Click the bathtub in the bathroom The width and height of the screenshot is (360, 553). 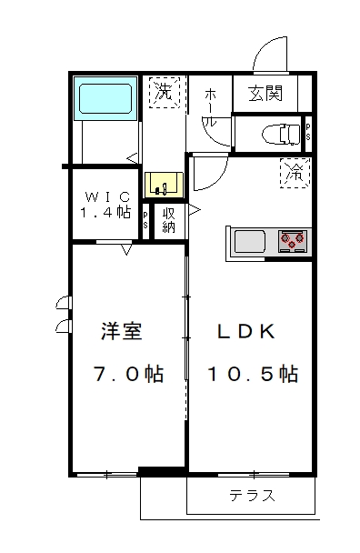(x=105, y=98)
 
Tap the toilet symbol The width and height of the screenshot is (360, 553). (x=281, y=134)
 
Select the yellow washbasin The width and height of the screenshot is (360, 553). (x=165, y=185)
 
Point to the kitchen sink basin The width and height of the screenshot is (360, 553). (x=250, y=242)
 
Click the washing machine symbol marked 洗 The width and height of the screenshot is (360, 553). (x=165, y=93)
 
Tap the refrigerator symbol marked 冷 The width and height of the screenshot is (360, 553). (x=295, y=173)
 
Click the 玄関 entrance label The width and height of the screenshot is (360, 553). (x=265, y=93)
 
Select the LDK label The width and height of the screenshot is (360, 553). (x=246, y=331)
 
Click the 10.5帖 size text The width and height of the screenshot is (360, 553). (x=253, y=374)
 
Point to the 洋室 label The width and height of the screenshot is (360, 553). (x=122, y=331)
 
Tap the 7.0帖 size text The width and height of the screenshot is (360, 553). (x=128, y=374)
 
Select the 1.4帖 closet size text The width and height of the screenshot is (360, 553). (x=105, y=212)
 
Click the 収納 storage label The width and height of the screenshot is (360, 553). (x=169, y=220)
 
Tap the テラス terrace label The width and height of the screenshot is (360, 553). (x=252, y=496)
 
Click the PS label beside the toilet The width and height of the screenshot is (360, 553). (x=308, y=132)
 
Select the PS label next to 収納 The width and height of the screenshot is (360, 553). (x=145, y=220)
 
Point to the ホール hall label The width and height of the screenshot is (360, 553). (x=211, y=107)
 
